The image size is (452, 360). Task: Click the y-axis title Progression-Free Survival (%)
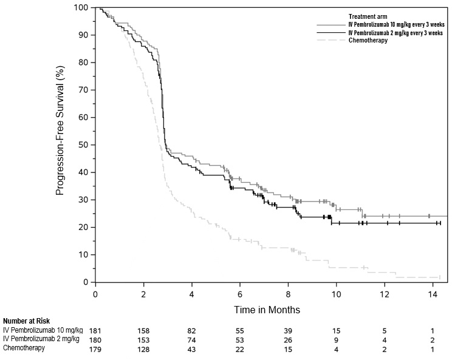pos(60,145)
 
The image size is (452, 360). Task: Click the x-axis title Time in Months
pos(267,310)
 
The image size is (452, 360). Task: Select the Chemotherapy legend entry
pos(368,41)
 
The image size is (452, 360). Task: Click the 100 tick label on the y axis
pos(81,8)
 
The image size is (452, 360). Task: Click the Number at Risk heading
pos(26,321)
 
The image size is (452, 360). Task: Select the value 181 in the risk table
pos(95,330)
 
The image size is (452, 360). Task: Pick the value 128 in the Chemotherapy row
pos(143,348)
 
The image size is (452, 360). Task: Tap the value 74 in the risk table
pos(191,339)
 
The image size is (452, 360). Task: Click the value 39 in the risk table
pos(288,330)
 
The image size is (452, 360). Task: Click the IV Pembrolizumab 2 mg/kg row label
pos(41,339)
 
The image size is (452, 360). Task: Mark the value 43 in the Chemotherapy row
pos(191,348)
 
